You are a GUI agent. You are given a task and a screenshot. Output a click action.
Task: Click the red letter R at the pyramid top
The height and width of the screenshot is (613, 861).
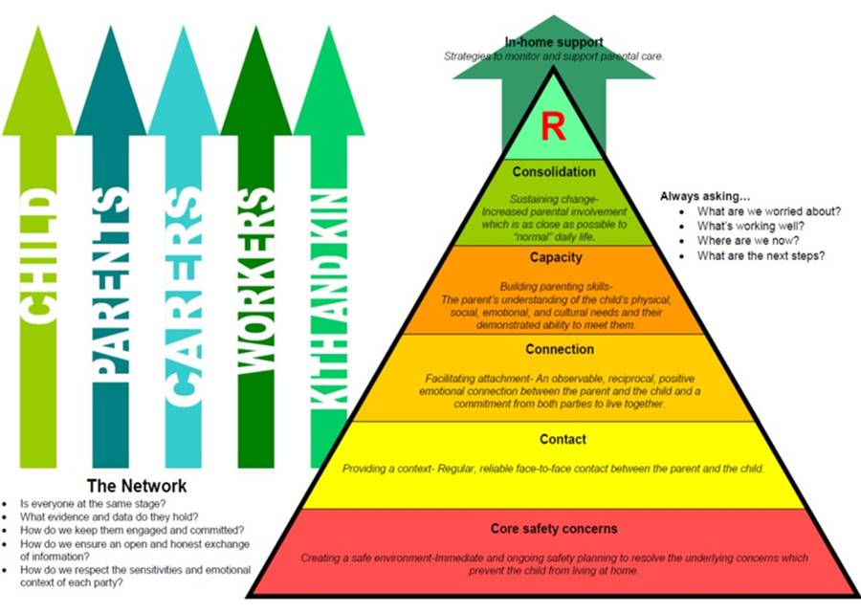553,127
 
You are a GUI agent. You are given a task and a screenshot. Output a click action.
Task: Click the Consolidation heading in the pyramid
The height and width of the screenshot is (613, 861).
554,172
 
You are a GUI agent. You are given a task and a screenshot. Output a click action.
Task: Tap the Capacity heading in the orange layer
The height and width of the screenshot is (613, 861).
555,257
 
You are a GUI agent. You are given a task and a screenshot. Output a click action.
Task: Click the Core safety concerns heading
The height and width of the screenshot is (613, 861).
554,528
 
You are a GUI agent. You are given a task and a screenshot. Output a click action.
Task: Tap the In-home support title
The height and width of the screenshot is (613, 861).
554,41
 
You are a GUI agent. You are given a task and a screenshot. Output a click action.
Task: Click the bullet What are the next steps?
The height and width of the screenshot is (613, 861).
761,256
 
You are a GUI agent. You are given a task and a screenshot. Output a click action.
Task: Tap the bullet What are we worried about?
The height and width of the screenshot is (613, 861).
769,211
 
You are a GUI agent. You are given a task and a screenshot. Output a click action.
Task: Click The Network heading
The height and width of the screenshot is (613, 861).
137,486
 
